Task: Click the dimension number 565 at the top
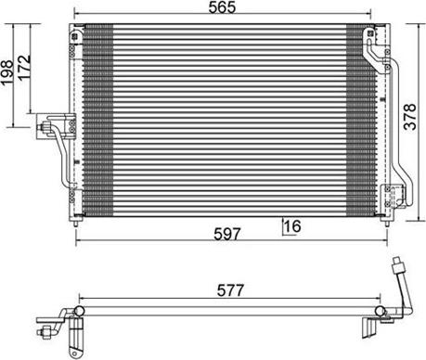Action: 227,7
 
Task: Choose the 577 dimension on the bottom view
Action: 228,290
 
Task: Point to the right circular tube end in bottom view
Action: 381,307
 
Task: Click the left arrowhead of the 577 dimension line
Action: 83,300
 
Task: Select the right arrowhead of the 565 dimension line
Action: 373,17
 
